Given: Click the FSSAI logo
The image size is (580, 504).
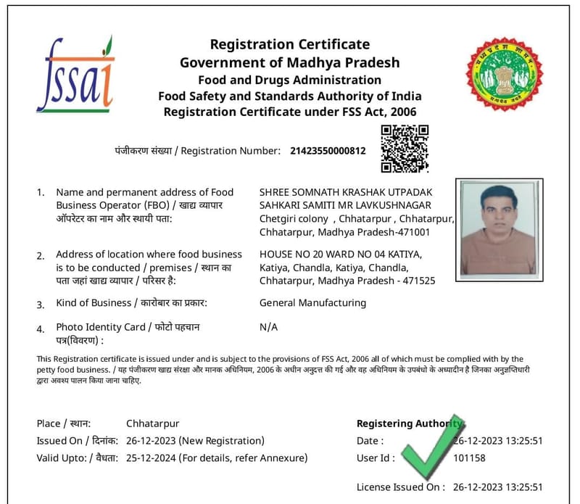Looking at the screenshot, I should [75, 75].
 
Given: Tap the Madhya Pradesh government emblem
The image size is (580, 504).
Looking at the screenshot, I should [504, 75].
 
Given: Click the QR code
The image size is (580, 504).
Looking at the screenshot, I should [405, 148].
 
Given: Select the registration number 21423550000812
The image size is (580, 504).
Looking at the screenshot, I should [328, 151].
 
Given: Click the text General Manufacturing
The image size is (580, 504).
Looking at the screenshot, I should [312, 302].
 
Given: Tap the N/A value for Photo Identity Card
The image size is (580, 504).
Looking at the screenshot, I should [268, 327].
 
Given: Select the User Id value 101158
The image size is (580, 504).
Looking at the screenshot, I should [469, 458].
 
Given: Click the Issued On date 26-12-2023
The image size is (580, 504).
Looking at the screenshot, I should [151, 441].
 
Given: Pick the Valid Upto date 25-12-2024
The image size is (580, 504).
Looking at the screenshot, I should [151, 458].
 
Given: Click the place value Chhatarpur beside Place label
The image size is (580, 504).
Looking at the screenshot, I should [152, 424].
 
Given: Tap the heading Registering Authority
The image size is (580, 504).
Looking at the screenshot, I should [409, 424].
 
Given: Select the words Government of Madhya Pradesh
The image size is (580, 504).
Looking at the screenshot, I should [290, 62].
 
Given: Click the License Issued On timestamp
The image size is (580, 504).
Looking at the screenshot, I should [497, 487].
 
